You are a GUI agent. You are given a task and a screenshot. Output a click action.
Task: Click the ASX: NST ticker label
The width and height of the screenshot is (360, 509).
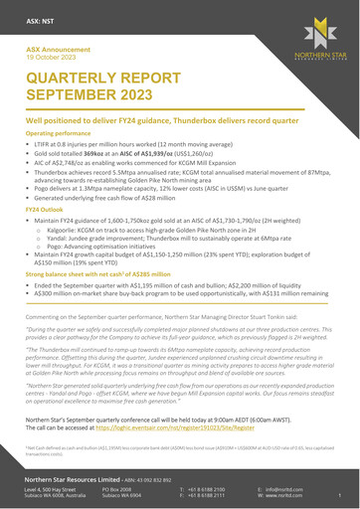(41, 18)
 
